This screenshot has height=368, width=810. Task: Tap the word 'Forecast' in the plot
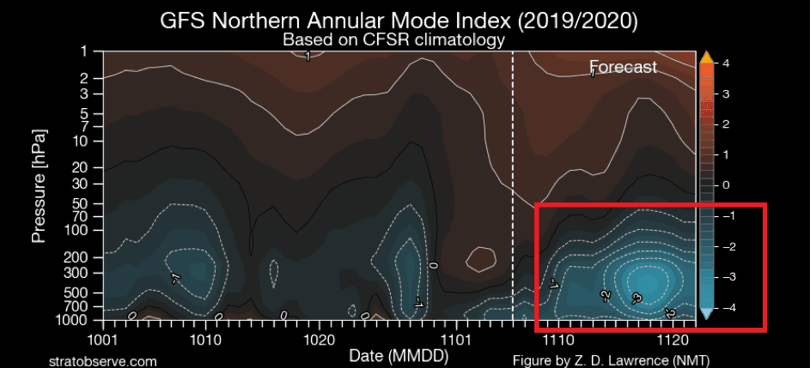tap(623, 67)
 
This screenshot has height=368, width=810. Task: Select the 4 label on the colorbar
tap(727, 63)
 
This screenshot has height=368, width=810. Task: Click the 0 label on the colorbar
tap(727, 185)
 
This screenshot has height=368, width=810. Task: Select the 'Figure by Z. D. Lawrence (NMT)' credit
tap(611, 361)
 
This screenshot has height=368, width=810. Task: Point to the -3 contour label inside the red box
tap(636, 299)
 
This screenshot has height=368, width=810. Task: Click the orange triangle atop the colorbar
tap(706, 57)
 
